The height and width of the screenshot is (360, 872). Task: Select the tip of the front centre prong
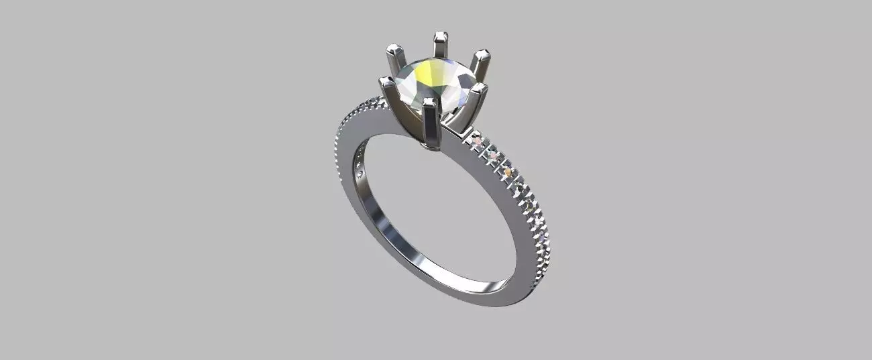[x=430, y=103]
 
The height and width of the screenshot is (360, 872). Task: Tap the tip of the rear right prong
[x=482, y=55]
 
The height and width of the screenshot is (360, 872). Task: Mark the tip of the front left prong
[x=386, y=82]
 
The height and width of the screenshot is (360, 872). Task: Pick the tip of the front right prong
[x=477, y=88]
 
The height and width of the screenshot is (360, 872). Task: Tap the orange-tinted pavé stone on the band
[x=508, y=174]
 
